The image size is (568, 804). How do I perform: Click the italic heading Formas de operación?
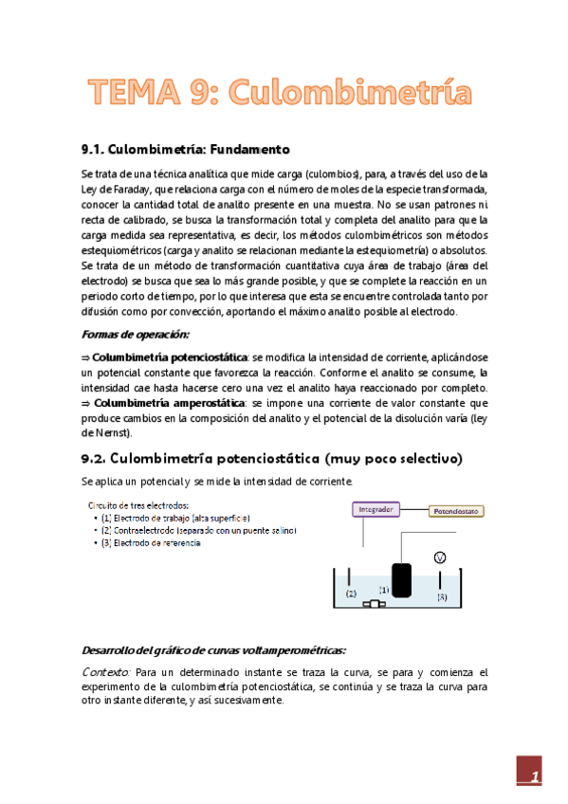coord(136,335)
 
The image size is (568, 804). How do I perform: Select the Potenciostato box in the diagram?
coord(458,510)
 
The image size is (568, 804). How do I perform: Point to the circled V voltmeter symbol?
coord(440,558)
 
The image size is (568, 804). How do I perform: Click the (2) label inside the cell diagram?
coord(351,594)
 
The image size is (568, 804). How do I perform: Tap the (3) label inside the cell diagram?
coord(440,597)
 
